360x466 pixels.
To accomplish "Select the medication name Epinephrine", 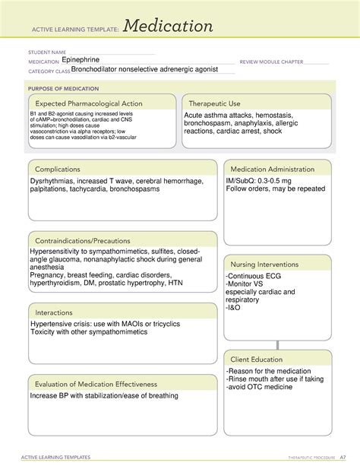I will pyautogui.click(x=86, y=59).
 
